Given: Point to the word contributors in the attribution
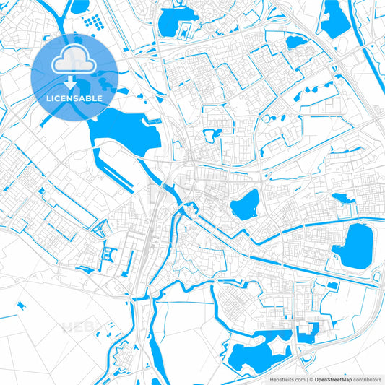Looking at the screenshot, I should pyautogui.click(x=365, y=378).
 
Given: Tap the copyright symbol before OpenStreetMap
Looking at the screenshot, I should pyautogui.click(x=311, y=378).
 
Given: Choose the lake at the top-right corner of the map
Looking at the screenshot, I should pyautogui.click(x=334, y=20).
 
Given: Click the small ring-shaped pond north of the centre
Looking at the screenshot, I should pyautogui.click(x=212, y=134).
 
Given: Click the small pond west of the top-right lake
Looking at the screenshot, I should pyautogui.click(x=295, y=42).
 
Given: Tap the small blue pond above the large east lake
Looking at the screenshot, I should pyautogui.click(x=340, y=198).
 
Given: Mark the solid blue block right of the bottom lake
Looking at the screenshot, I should pyautogui.click(x=306, y=333).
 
